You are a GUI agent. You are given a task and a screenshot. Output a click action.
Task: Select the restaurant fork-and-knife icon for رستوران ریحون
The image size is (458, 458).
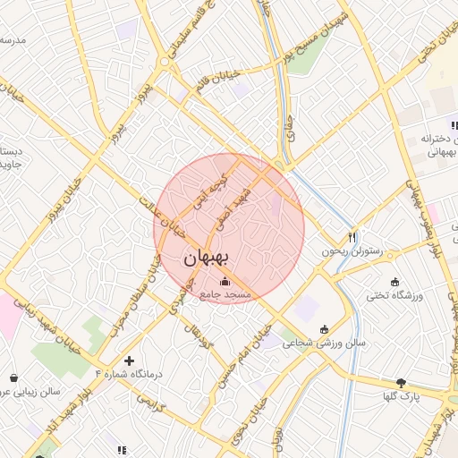352,238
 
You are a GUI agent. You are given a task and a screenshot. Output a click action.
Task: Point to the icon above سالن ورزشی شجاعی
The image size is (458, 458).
323,327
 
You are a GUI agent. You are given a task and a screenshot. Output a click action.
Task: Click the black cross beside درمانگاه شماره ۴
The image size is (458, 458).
130,360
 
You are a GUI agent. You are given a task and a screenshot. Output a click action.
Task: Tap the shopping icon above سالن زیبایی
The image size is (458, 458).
14,377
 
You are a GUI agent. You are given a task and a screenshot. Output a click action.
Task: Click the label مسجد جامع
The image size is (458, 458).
225,294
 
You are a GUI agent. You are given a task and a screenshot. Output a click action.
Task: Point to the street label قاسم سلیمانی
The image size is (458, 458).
196,36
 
